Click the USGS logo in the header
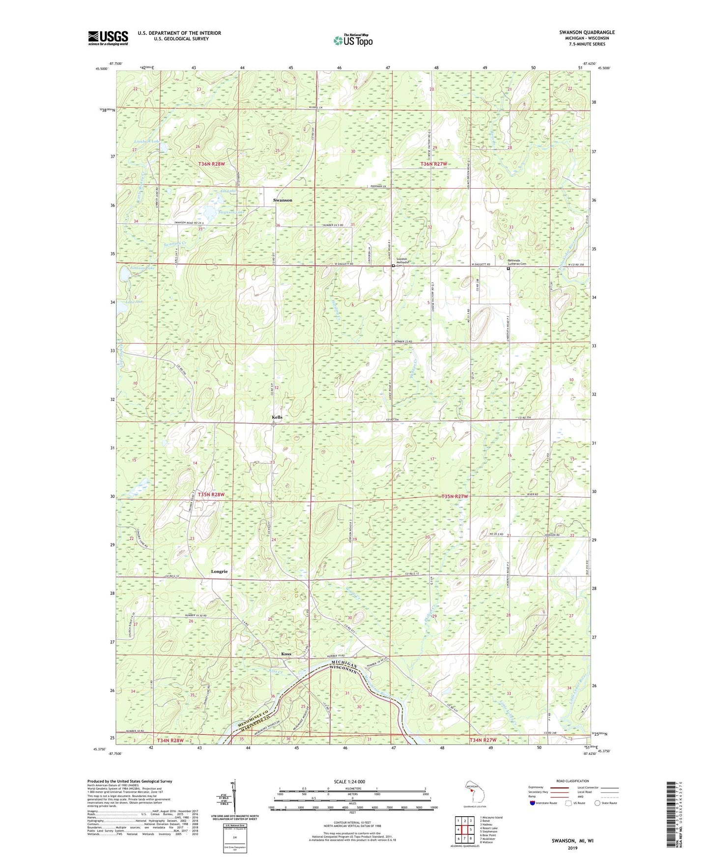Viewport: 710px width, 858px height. click(x=108, y=38)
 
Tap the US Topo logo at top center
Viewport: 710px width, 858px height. click(x=352, y=40)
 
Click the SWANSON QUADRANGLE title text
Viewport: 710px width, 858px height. click(x=586, y=32)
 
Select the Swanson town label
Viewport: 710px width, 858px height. click(x=283, y=200)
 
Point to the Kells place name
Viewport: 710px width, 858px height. click(x=277, y=417)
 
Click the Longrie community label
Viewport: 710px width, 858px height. click(x=219, y=572)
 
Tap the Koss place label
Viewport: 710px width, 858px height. click(x=286, y=654)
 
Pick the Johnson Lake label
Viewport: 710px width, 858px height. click(x=142, y=268)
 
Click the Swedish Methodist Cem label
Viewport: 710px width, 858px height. click(x=403, y=261)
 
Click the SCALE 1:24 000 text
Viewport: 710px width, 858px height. click(x=349, y=781)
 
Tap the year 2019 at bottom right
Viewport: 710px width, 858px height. click(x=572, y=848)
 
